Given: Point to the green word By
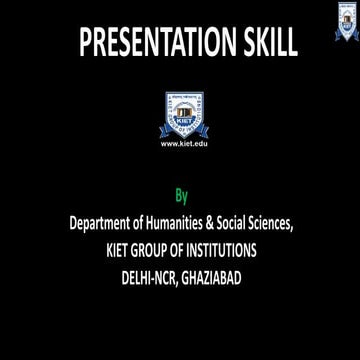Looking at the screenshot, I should [x=181, y=195].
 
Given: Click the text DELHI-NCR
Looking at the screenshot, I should [x=147, y=276].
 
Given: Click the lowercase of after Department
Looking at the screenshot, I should [x=149, y=223].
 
